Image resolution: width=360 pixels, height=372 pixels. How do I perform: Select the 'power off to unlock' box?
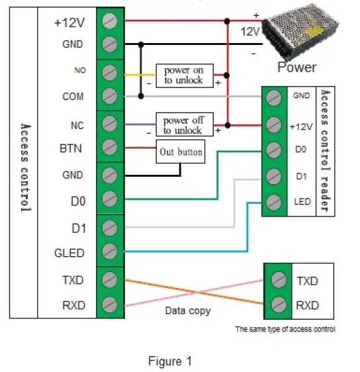(185, 124)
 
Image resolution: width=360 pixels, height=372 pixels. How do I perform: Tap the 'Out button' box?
(180, 152)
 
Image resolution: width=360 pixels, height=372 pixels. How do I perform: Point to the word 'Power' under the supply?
(296, 67)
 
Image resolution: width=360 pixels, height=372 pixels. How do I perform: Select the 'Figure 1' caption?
(170, 361)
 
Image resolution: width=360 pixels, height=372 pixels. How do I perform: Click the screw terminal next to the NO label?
(110, 70)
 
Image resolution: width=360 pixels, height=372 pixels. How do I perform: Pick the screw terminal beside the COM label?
(110, 95)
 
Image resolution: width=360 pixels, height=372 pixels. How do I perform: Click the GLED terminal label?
(69, 252)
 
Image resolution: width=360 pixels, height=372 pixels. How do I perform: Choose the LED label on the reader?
(299, 201)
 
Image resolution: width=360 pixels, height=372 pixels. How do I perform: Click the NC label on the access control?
(76, 124)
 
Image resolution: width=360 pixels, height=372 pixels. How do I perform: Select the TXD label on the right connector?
(308, 280)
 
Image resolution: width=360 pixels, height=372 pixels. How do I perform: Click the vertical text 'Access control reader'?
(325, 150)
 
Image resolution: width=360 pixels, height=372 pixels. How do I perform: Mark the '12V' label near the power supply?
(249, 32)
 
